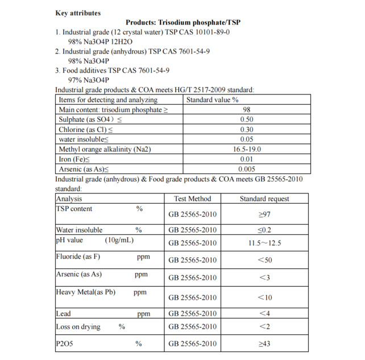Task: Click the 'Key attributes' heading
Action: pyautogui.click(x=78, y=13)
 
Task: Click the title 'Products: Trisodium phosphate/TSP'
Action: pyautogui.click(x=183, y=22)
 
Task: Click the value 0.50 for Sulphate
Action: pyautogui.click(x=247, y=119)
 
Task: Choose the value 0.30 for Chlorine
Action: pyautogui.click(x=247, y=130)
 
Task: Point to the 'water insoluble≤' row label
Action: pyautogui.click(x=83, y=139)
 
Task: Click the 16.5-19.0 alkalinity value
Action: pyautogui.click(x=247, y=150)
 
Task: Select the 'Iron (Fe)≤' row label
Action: pyautogui.click(x=74, y=159)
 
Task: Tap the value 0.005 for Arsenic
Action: pyautogui.click(x=247, y=169)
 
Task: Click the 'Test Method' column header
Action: pyautogui.click(x=192, y=199)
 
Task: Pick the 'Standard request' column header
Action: pyautogui.click(x=264, y=199)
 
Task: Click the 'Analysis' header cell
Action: pyautogui.click(x=69, y=199)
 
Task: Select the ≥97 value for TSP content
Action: pyautogui.click(x=264, y=215)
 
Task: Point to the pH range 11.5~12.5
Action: pyautogui.click(x=264, y=243)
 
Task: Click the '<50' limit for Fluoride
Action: pyautogui.click(x=264, y=260)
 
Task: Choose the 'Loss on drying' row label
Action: pyautogui.click(x=78, y=327)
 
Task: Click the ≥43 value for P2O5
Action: pyautogui.click(x=264, y=344)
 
